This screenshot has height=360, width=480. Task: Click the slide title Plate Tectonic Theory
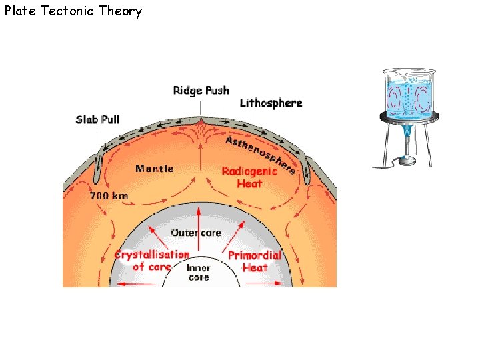(73, 11)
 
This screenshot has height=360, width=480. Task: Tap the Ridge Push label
(201, 90)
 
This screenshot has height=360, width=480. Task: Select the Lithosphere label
(271, 103)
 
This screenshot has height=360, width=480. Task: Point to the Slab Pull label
(97, 119)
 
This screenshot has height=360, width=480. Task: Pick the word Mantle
(154, 169)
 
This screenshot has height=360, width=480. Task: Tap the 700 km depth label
(109, 196)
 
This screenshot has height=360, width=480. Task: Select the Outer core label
(195, 233)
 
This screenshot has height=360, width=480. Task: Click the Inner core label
(199, 273)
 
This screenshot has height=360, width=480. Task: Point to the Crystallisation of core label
(152, 261)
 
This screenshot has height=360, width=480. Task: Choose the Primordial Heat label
(255, 261)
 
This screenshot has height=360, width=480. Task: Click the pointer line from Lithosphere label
(251, 117)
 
